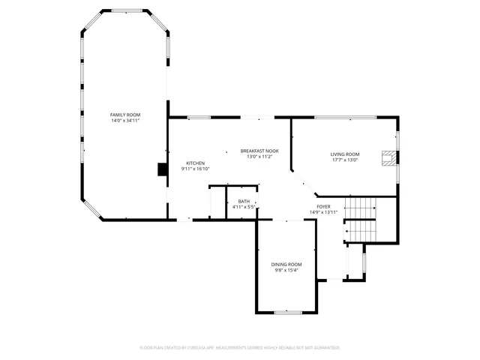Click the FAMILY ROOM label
(x=125, y=115)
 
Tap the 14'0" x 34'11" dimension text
(x=125, y=121)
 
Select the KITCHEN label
(x=196, y=163)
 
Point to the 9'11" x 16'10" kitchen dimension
(x=196, y=169)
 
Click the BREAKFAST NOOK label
(x=259, y=151)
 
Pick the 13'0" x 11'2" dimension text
(x=259, y=157)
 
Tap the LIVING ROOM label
(x=345, y=154)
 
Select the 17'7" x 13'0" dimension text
(x=345, y=160)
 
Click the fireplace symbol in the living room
(x=388, y=157)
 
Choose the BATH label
(x=244, y=201)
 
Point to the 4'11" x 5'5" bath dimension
(x=244, y=207)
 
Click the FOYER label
(x=323, y=206)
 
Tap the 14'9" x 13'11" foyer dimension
(x=323, y=212)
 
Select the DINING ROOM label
(x=286, y=264)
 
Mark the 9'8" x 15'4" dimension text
(x=286, y=270)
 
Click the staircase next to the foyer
(x=360, y=217)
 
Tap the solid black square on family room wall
(x=162, y=169)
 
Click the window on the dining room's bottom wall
(x=287, y=312)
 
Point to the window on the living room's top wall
(x=345, y=118)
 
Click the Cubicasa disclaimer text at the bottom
(x=240, y=348)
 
